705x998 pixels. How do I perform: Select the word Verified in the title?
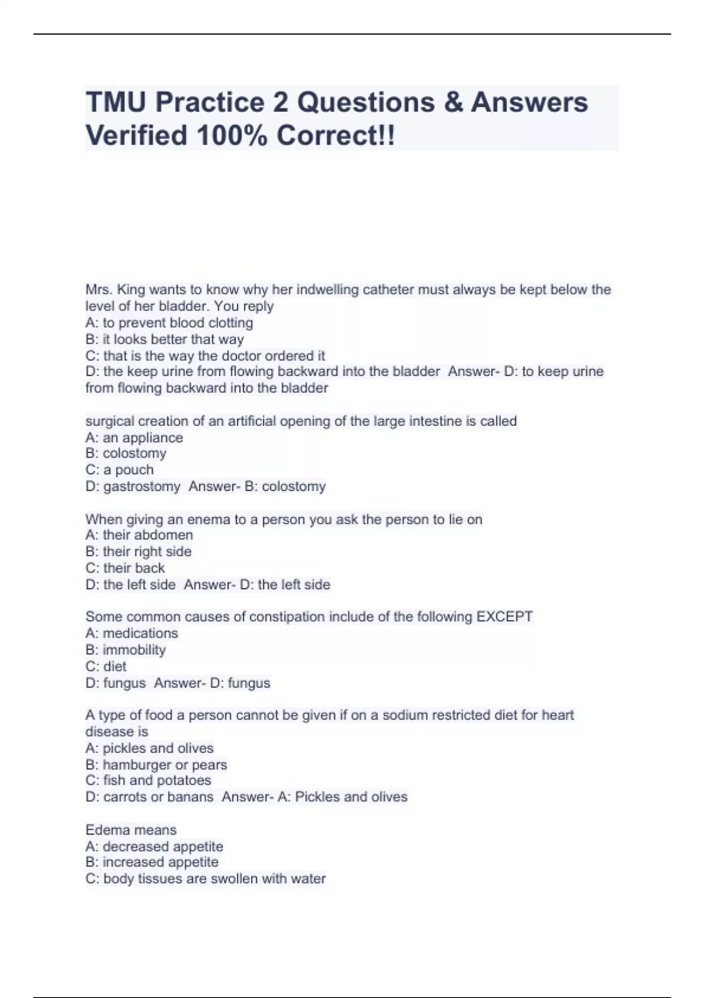(136, 136)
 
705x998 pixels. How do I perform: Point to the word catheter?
(388, 289)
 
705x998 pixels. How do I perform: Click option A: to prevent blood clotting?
(169, 323)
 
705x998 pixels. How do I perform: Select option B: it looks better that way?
(164, 339)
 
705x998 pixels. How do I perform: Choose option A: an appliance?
(134, 437)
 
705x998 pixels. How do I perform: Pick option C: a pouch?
(119, 470)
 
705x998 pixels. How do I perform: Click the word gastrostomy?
(142, 486)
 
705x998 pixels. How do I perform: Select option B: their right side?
(138, 551)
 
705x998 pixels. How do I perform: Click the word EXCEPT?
(504, 616)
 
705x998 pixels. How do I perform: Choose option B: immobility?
(126, 650)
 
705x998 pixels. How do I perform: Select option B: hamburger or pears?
(156, 764)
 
